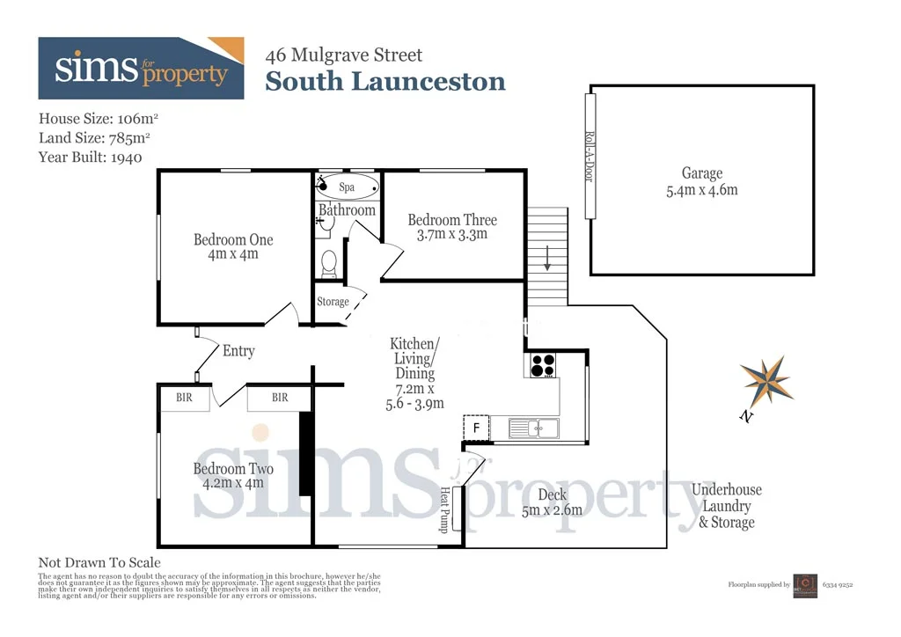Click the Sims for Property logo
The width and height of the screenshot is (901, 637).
141,68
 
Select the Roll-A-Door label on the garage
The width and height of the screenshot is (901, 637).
590,156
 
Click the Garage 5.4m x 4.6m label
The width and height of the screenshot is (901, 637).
701,181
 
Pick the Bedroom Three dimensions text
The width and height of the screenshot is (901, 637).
452,234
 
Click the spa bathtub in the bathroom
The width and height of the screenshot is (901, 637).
348,187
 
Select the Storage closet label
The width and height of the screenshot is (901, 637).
333,302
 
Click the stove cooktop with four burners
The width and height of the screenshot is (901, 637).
540,364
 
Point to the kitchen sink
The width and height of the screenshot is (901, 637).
531,428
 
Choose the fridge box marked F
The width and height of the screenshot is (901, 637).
476,428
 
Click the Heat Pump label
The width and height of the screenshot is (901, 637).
445,509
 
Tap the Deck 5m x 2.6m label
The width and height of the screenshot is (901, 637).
553,502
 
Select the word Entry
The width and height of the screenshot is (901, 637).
238,351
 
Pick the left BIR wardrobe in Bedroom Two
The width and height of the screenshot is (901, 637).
184,398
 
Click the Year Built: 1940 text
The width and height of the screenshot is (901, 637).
91,157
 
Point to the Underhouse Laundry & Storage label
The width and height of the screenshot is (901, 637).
727,506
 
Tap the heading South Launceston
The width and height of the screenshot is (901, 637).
385,82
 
